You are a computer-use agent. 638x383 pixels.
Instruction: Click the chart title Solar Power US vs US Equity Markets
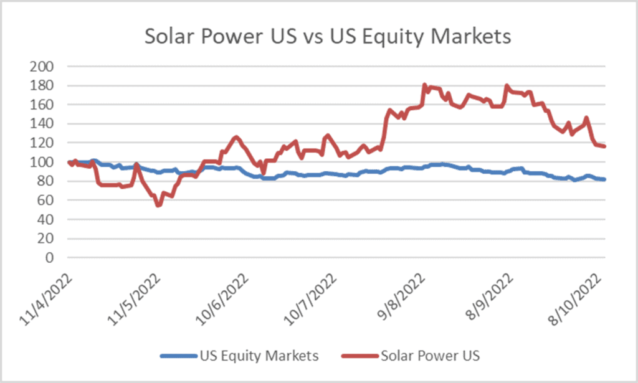[x=328, y=36]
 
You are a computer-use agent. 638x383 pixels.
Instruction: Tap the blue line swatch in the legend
[x=178, y=356]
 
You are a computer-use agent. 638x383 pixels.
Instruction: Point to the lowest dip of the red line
[x=158, y=205]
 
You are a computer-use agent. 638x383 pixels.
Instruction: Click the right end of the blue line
[x=604, y=179]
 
